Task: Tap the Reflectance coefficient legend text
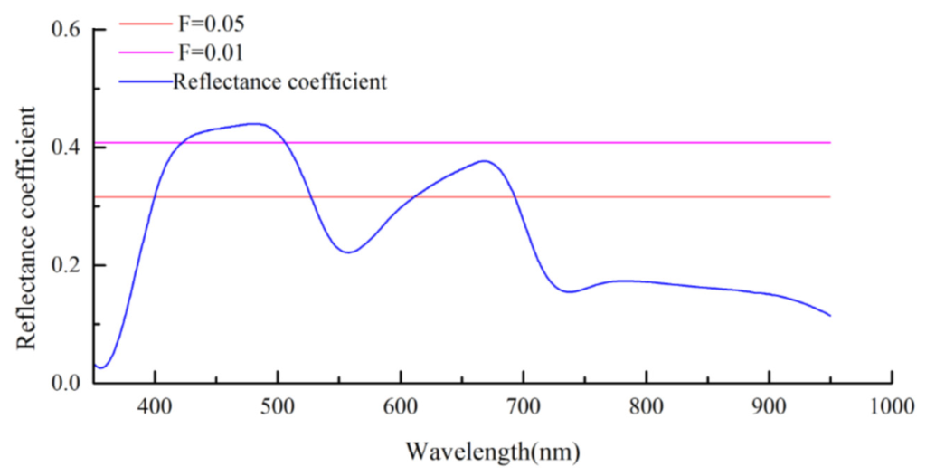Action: [280, 81]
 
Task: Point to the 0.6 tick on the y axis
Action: [67, 30]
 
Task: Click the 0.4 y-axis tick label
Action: [67, 148]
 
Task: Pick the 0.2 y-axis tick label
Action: [67, 265]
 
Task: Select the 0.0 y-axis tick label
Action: [67, 383]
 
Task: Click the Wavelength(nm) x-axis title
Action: [492, 450]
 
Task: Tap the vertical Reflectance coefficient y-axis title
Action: [26, 228]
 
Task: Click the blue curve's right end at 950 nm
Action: [829, 315]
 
